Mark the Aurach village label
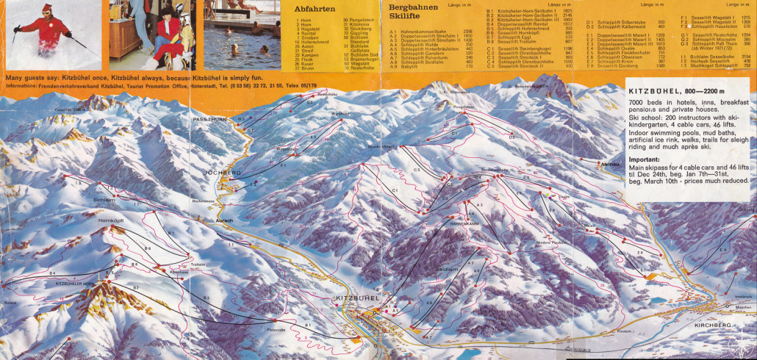pyautogui.click(x=223, y=220)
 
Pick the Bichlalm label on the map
pyautogui.click(x=104, y=198)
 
